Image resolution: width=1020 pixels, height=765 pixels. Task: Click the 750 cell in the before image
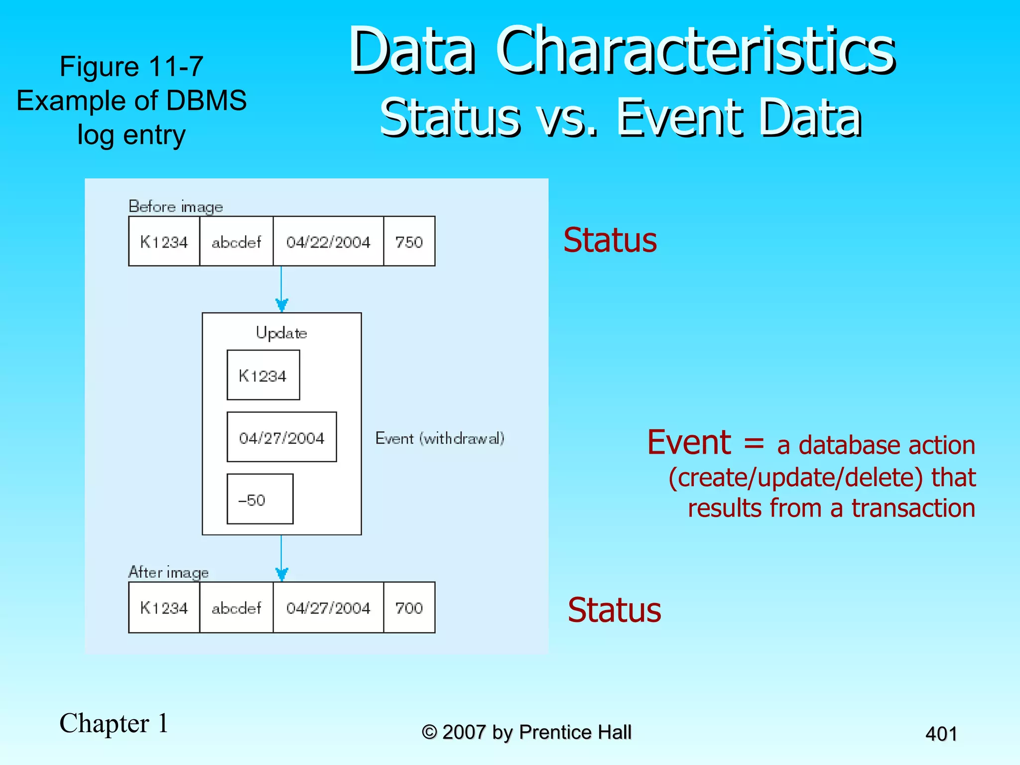[x=409, y=242]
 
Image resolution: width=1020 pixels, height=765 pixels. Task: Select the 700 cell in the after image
[x=409, y=608]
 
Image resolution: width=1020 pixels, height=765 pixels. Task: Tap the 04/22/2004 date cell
[x=328, y=242]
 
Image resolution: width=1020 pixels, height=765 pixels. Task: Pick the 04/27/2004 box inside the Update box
[x=281, y=437]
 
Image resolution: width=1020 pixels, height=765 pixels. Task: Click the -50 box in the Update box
[x=259, y=499]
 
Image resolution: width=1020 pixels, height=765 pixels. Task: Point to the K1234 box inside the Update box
[x=263, y=375]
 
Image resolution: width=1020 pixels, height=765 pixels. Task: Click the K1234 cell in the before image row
[x=164, y=242]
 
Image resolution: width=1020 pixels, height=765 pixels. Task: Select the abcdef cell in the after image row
[x=236, y=608]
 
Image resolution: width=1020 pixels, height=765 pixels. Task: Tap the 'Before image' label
[x=175, y=206]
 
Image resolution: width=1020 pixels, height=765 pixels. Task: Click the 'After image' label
[x=168, y=572]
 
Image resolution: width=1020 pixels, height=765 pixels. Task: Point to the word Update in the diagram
[x=281, y=333]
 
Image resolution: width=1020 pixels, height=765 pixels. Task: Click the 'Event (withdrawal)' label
[x=440, y=438]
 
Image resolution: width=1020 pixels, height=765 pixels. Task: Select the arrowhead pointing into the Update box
[x=282, y=305]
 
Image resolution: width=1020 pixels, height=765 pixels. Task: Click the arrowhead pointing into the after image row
[x=282, y=574]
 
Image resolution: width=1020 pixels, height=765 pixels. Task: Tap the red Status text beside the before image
[x=610, y=241]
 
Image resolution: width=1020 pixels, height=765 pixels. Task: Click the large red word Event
[x=688, y=442]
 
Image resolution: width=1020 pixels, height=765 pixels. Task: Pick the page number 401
[x=941, y=734]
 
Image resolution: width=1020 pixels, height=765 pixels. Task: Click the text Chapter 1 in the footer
[x=114, y=723]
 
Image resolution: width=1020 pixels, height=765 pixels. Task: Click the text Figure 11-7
[x=131, y=66]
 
